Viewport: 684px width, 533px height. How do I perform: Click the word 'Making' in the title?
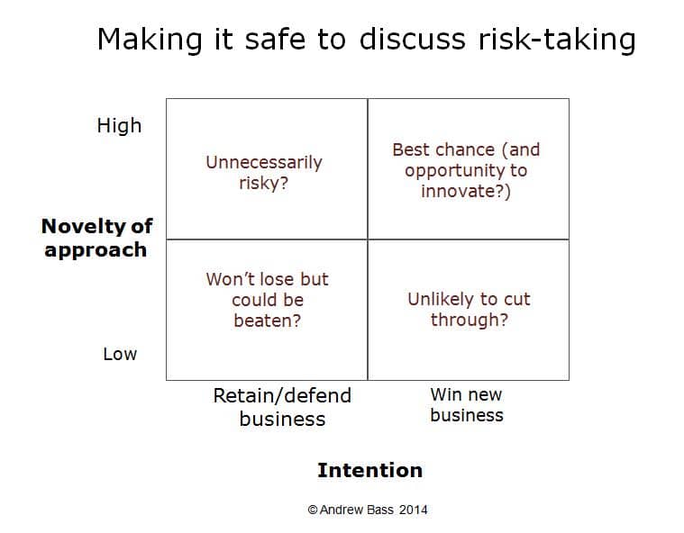[x=150, y=41]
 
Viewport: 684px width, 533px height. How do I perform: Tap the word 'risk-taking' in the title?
[x=557, y=41]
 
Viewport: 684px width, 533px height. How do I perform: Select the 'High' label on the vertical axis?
[x=119, y=126]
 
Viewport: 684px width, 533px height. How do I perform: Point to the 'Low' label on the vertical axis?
[x=120, y=354]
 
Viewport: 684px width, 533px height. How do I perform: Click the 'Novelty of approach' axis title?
[x=96, y=238]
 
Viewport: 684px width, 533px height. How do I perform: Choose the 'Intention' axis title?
[x=369, y=470]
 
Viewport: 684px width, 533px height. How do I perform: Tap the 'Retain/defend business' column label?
[x=282, y=407]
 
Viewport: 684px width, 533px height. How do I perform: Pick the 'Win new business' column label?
[x=466, y=405]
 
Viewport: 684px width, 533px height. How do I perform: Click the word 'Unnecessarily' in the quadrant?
[x=264, y=163]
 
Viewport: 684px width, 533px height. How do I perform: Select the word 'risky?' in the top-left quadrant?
[x=263, y=183]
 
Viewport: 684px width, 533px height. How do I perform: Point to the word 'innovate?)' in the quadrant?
[x=466, y=192]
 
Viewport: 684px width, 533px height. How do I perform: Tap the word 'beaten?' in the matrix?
[x=268, y=321]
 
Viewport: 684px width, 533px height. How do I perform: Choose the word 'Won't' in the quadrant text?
[x=228, y=279]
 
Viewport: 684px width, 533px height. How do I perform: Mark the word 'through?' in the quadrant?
[x=470, y=320]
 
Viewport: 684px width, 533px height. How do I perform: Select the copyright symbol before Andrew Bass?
[x=313, y=510]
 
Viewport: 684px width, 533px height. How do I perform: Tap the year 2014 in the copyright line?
[x=413, y=510]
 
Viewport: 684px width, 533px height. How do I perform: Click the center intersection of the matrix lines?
[x=368, y=239]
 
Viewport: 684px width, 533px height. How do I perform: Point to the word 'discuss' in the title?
[x=413, y=41]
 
